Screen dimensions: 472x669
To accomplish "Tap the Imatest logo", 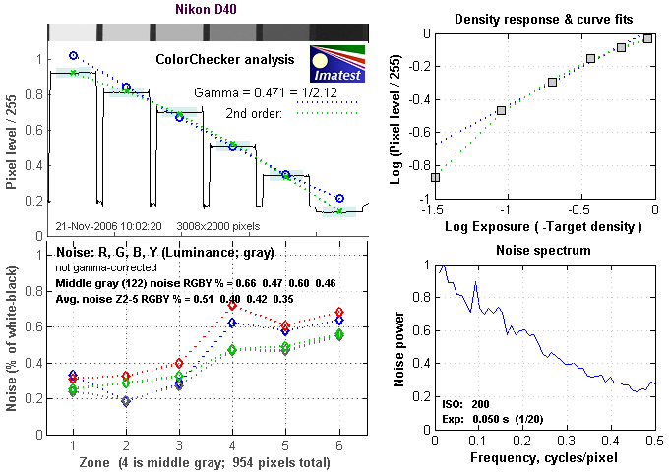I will (x=337, y=66).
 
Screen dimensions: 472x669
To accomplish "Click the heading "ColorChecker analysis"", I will (x=217, y=59).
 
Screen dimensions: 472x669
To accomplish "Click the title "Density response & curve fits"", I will (x=544, y=19).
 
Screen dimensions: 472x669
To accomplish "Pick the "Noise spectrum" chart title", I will (x=544, y=251).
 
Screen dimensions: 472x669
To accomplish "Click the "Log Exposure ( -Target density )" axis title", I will (x=544, y=226).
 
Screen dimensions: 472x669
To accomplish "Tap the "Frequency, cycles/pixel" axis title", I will (x=544, y=458).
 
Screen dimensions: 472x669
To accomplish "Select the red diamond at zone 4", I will (x=232, y=306).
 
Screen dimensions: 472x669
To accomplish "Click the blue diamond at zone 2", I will (x=125, y=401).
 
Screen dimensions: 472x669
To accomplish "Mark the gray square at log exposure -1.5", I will (x=436, y=177).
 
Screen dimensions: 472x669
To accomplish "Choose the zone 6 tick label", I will (x=339, y=446).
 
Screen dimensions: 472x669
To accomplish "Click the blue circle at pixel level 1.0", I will (x=73, y=56).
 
